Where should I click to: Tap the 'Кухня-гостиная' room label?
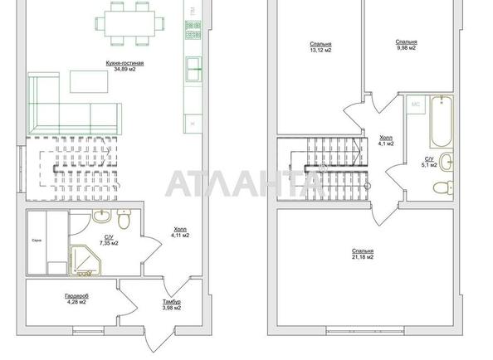[124, 64]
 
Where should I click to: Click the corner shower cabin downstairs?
[85, 260]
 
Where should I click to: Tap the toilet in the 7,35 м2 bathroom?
[124, 221]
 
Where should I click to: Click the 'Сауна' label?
[36, 241]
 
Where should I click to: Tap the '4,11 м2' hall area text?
[180, 236]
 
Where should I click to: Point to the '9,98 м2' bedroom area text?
[406, 47]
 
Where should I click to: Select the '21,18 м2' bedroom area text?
[362, 257]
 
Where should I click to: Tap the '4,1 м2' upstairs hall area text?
[385, 144]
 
